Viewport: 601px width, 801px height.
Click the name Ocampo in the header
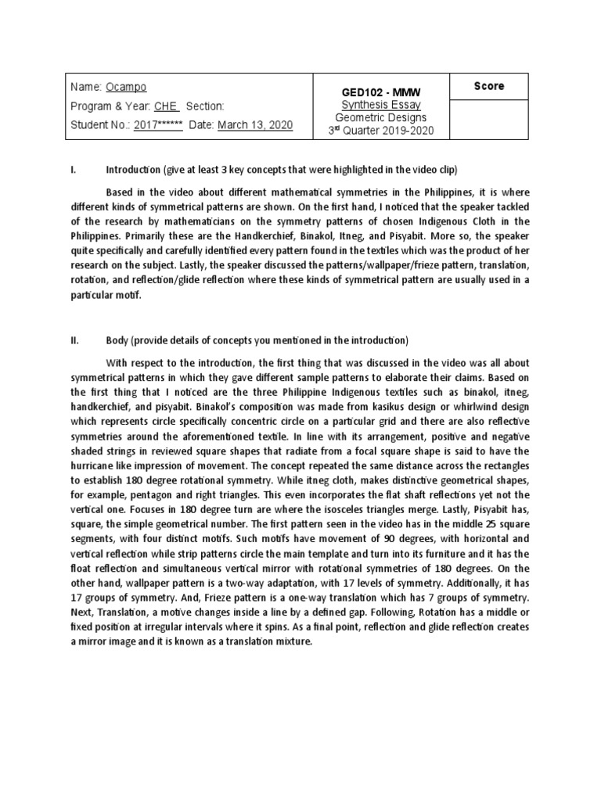(126, 87)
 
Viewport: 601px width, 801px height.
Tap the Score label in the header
(489, 86)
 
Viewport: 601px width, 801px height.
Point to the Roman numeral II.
(76, 341)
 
